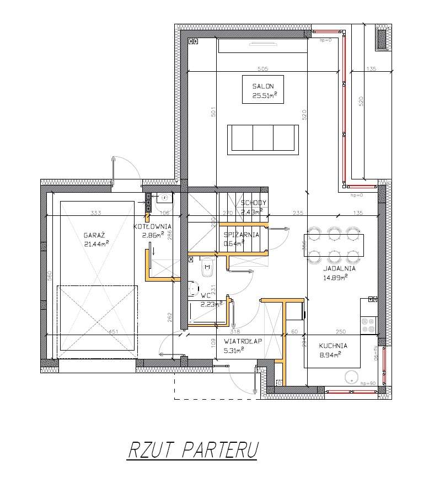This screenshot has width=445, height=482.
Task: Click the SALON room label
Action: coord(263,86)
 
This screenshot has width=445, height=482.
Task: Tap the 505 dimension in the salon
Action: coord(262,68)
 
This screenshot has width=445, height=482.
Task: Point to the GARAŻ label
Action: coord(92,234)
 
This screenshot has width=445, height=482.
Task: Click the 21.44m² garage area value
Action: coord(96,243)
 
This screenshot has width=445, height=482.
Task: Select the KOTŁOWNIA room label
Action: coord(152,226)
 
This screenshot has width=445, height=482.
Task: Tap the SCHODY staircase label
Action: coord(254,203)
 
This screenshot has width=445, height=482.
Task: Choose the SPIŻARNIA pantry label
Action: coord(242,234)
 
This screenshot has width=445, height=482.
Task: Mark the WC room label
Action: coord(206,295)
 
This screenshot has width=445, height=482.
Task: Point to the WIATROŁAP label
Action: coord(243,341)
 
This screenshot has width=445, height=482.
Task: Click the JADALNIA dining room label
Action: coord(339,269)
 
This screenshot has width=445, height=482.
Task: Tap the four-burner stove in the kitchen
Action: coord(368,324)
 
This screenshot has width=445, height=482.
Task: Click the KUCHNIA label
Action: coord(333,346)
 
